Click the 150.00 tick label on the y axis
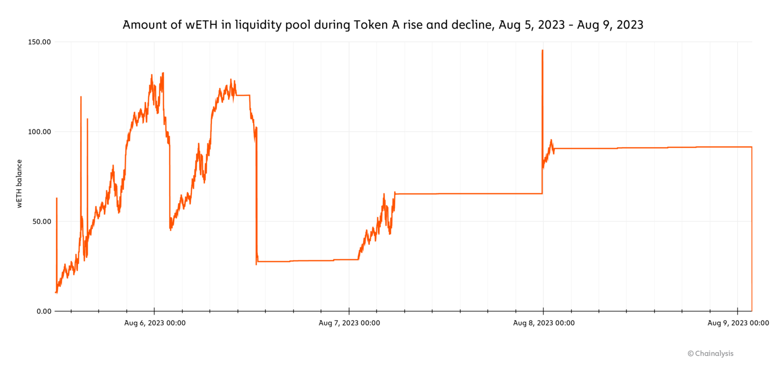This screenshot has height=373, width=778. [40, 42]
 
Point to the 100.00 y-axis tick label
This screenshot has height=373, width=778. [40, 132]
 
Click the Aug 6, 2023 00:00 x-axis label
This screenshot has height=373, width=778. [155, 323]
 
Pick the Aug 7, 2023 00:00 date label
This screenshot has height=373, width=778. [349, 323]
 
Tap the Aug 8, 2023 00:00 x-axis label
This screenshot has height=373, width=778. [544, 323]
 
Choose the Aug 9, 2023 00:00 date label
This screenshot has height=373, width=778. [738, 323]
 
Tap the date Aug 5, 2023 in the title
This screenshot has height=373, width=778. [531, 25]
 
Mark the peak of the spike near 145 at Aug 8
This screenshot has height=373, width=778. [542, 50]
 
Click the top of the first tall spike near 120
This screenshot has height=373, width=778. [81, 96]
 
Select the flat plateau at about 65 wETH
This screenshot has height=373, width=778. [467, 194]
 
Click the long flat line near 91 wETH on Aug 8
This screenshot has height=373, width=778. [648, 148]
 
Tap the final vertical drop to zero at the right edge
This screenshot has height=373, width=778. [752, 233]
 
